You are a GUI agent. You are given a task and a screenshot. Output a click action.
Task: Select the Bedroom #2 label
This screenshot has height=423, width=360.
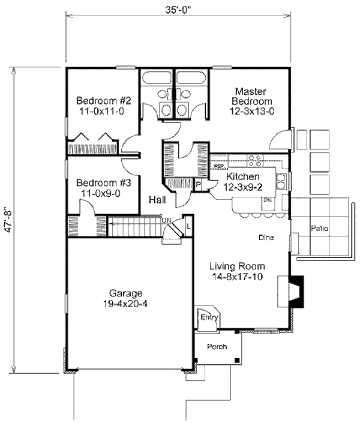[101, 101]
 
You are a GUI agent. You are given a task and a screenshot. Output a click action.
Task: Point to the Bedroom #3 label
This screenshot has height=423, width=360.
[101, 182]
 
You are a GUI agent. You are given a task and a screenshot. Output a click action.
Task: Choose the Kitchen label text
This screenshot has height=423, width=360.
[243, 177]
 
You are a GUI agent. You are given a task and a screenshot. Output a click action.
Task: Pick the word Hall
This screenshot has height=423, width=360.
[158, 200]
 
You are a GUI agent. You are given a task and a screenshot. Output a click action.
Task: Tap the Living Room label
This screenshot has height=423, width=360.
[236, 266]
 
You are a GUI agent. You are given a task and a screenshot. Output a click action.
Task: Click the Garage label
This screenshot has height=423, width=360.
[126, 293]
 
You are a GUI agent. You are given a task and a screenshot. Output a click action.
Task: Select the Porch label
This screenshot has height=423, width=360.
[217, 347]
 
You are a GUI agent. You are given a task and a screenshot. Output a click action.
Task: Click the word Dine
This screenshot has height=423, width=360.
[266, 238]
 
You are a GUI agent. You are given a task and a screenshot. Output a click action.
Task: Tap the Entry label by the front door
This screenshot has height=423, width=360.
[209, 317]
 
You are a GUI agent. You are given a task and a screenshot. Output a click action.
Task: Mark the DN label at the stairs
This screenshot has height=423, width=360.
[166, 220]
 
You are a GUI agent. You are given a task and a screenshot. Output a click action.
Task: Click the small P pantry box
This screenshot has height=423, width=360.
[197, 185]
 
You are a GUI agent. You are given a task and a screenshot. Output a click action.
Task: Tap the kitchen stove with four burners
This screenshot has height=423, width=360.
[254, 161]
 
